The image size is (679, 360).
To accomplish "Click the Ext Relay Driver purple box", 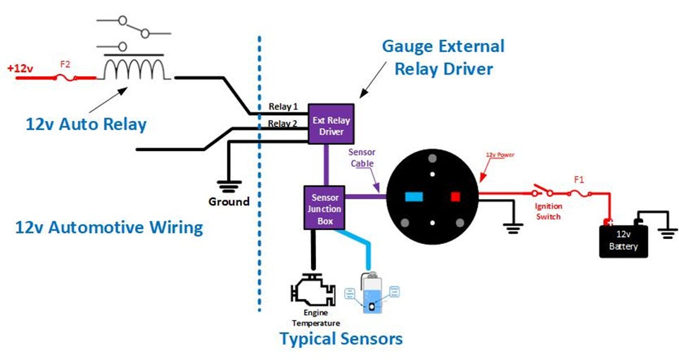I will point(330,124).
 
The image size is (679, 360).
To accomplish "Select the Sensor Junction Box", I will point(324,207).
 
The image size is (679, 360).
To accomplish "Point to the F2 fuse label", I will point(65,65).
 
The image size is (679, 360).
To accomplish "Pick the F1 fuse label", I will point(578,180).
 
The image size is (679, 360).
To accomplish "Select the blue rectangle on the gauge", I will point(413,197).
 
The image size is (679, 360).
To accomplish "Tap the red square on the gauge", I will point(455,197).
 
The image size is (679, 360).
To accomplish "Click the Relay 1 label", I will point(284,107).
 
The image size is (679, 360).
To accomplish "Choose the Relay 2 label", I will point(284,124).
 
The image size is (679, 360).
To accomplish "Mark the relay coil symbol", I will point(134,69).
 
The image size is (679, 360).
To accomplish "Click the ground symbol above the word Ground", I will point(228,186).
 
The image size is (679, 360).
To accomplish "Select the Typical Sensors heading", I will point(341,339).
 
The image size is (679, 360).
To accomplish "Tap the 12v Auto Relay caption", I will point(86,125).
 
